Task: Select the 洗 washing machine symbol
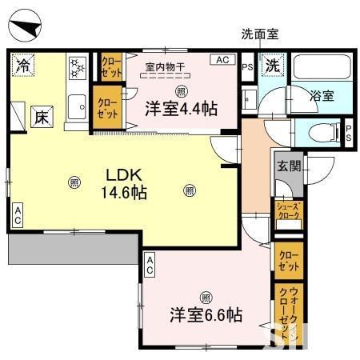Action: pos(273,65)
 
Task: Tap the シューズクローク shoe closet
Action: pos(288,211)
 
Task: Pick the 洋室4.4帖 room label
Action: pos(181,109)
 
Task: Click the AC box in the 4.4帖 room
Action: pos(221,59)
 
